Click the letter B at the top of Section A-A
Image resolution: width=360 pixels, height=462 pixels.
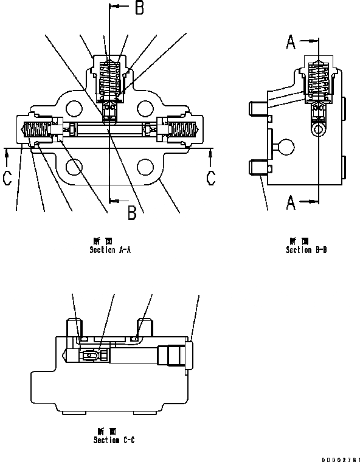pyautogui.click(x=139, y=8)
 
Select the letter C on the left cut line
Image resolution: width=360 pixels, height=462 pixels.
pyautogui.click(x=7, y=178)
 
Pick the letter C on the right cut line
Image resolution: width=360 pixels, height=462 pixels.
pyautogui.click(x=210, y=178)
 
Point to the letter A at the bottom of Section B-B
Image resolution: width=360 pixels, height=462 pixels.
pyautogui.click(x=291, y=202)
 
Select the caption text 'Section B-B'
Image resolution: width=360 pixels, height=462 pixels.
pyautogui.click(x=306, y=249)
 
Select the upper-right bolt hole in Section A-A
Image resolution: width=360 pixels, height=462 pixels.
pyautogui.click(x=144, y=108)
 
